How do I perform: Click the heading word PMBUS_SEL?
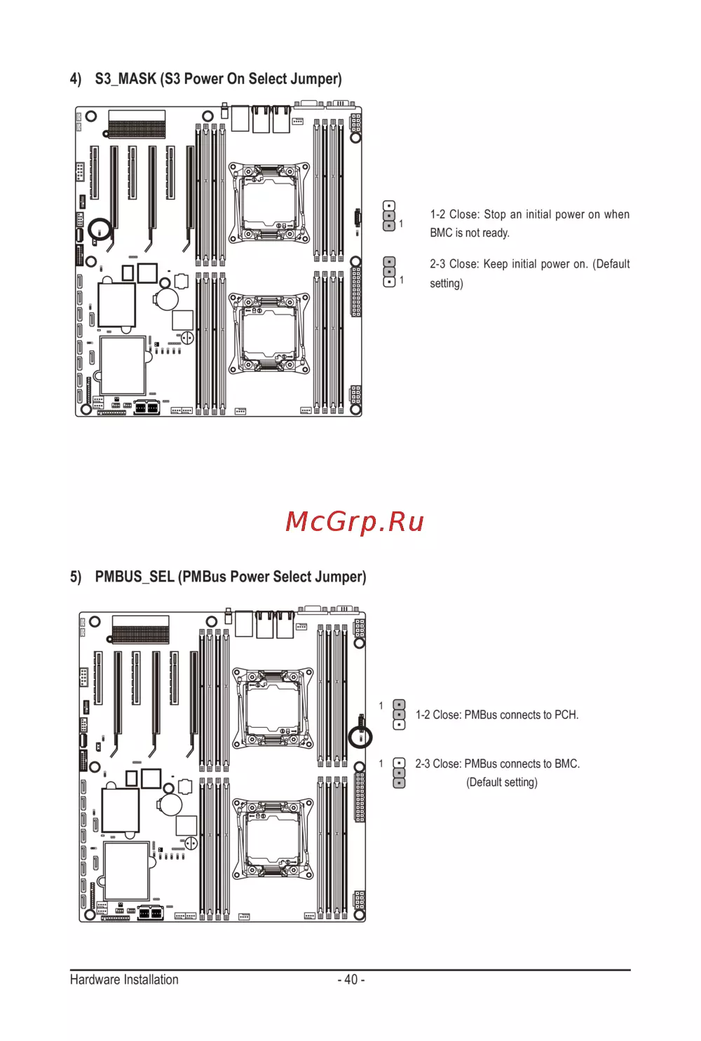tap(135, 577)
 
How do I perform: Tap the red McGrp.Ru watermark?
tap(355, 521)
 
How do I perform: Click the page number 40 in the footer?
tap(351, 979)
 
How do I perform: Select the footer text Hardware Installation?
tap(124, 979)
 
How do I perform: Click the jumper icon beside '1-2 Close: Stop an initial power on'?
tap(389, 216)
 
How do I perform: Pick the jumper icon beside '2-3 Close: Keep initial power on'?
tap(389, 272)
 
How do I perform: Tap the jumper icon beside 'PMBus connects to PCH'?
tap(399, 715)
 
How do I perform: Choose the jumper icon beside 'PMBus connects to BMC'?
tap(399, 773)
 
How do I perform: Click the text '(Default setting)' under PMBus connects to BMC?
tap(502, 782)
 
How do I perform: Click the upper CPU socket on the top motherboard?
tap(269, 202)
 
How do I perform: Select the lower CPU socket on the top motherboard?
tap(269, 333)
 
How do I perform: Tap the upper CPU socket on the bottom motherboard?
tap(273, 708)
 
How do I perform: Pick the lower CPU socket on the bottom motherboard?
tap(273, 839)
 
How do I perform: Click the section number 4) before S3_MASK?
tap(75, 79)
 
